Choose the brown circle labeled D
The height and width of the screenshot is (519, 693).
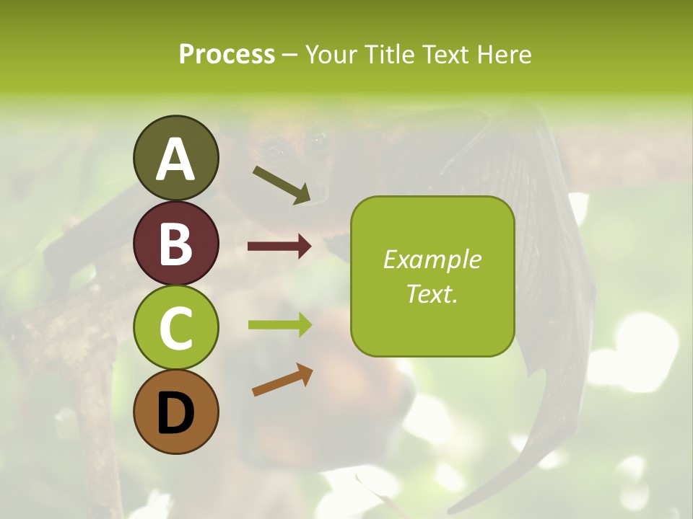[x=175, y=412]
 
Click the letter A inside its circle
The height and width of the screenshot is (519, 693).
[x=175, y=159]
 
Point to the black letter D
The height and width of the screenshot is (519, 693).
[x=175, y=414]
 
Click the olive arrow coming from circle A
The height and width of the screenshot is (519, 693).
[x=282, y=185]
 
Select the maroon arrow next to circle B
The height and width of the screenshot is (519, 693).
[x=279, y=247]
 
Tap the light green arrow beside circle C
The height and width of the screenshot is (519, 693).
[x=279, y=324]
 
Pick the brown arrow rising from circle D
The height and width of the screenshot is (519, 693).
[x=282, y=380]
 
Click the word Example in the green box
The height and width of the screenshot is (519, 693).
[x=432, y=259]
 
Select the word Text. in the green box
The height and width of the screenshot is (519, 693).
[x=432, y=293]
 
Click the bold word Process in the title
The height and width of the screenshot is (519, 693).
[x=227, y=54]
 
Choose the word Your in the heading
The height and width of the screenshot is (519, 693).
[x=331, y=54]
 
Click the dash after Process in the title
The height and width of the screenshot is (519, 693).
[x=289, y=56]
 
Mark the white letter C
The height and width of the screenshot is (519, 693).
[x=175, y=329]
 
